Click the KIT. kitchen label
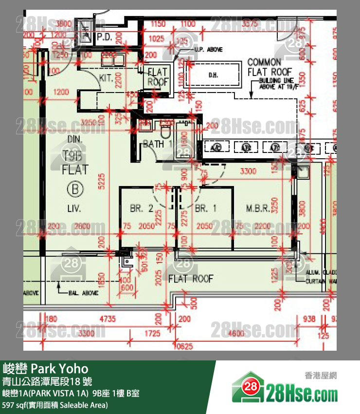(106, 77)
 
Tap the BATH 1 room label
(157, 144)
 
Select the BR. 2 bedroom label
(142, 208)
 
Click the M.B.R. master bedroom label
(258, 208)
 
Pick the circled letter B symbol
(75, 189)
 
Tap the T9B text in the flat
(75, 155)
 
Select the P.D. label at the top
(105, 37)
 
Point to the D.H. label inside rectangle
(213, 75)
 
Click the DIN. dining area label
(75, 140)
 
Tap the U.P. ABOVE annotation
(208, 50)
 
